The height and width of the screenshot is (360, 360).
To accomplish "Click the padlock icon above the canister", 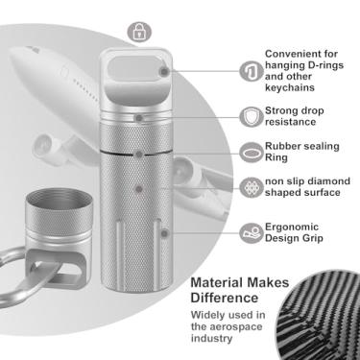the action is click(139, 32).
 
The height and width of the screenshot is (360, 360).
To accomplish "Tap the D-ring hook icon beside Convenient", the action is click(252, 71).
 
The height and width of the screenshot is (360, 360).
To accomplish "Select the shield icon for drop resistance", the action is click(252, 116).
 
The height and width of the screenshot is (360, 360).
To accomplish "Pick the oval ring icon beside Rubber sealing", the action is click(252, 153).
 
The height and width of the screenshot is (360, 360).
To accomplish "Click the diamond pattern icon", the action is click(252, 187).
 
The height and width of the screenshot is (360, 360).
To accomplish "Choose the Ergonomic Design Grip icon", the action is click(252, 232).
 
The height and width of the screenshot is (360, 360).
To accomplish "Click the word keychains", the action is click(290, 88).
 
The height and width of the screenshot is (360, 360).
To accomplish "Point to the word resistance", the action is click(291, 122).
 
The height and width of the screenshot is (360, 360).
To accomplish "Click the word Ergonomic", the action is click(292, 228).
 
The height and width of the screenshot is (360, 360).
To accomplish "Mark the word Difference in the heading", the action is click(225, 298).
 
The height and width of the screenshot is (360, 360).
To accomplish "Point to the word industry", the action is click(211, 339).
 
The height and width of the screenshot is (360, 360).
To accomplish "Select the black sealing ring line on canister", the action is click(137, 153).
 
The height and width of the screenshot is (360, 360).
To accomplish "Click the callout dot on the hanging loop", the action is click(164, 72).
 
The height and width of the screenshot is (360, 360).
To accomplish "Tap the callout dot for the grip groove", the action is click(164, 233).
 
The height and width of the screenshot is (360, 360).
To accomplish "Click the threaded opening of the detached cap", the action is click(59, 198).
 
